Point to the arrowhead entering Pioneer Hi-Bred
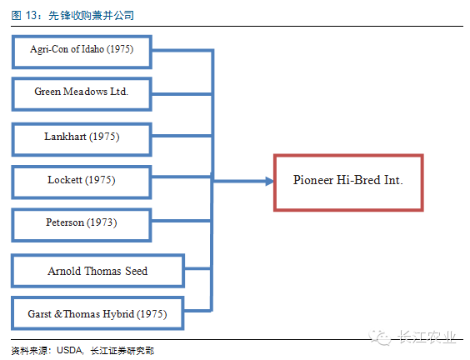pyautogui.click(x=269, y=181)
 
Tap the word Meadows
pyautogui.click(x=86, y=92)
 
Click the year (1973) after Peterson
pyautogui.click(x=102, y=222)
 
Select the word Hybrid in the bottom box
pyautogui.click(x=118, y=314)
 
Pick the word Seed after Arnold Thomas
pyautogui.click(x=137, y=271)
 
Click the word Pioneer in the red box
pyautogui.click(x=313, y=180)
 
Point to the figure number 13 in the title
pyautogui.click(x=31, y=15)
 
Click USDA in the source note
pyautogui.click(x=69, y=350)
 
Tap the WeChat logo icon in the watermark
pyautogui.click(x=380, y=337)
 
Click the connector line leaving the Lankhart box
pyautogui.click(x=182, y=136)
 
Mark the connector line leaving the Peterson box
pyautogui.click(x=182, y=221)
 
